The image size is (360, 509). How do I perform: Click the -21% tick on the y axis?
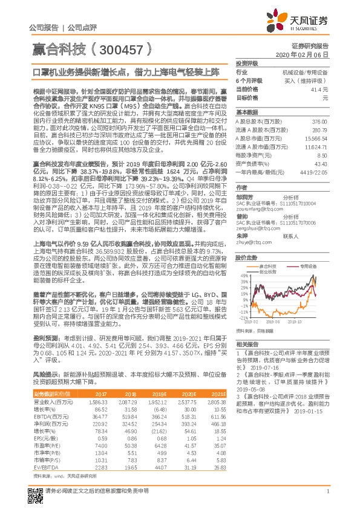pyautogui.click(x=242, y=317)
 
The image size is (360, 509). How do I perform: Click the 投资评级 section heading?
pyautogui.click(x=247, y=63)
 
